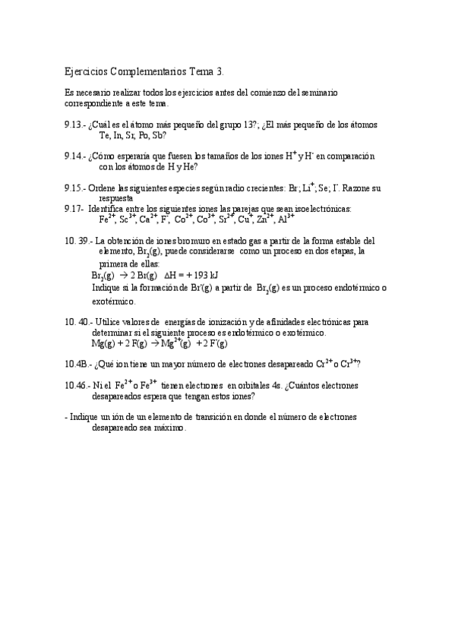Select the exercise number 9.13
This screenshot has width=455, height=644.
pos(76,125)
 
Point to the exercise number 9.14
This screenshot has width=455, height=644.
pos(76,156)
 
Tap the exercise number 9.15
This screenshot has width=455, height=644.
pos(76,188)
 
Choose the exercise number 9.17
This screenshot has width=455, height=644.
pos(74,209)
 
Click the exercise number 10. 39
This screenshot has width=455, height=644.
pos(78,240)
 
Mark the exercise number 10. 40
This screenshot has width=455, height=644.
pos(78,322)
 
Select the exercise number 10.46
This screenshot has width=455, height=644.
pos(78,386)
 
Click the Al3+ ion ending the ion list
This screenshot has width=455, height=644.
pos(286,219)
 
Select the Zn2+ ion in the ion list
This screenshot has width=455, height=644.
pos(264,219)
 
